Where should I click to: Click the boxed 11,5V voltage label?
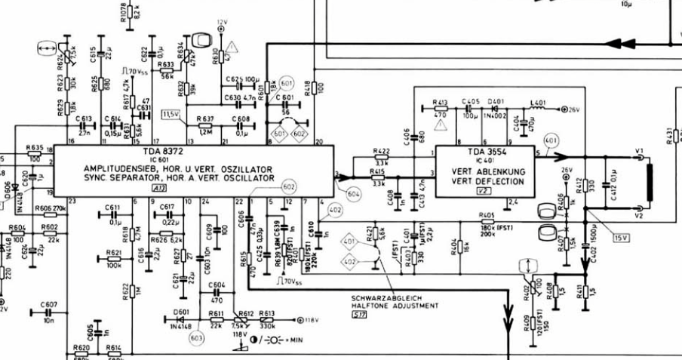170,114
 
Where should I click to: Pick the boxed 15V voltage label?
620,238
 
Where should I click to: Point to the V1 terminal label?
639,152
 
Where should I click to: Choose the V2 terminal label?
639,216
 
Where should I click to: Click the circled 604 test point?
353,194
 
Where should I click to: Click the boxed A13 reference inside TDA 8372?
161,188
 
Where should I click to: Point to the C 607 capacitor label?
50,304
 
